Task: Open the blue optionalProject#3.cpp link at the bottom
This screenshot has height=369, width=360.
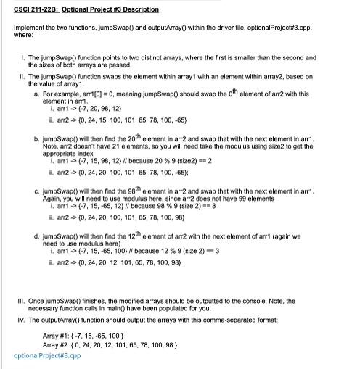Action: tap(47, 355)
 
